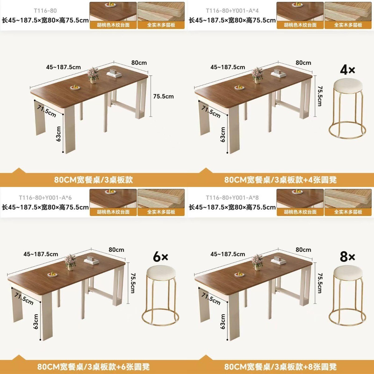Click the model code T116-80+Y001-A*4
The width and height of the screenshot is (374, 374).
pos(232,11)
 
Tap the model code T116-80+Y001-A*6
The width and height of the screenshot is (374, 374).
pos(45,198)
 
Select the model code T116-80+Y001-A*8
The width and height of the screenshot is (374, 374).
pos(232,198)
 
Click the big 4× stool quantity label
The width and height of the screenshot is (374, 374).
pos(348,70)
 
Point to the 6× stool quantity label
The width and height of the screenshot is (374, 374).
pos(160,257)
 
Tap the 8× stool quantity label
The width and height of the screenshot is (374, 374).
pos(348,257)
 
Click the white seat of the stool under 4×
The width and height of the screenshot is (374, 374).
pos(348,85)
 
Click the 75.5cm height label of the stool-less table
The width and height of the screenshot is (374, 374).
pos(163,96)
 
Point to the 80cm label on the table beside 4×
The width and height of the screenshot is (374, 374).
pos(303,63)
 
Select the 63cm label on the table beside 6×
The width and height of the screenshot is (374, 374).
pos(36,322)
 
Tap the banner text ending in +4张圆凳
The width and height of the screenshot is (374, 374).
pos(280,180)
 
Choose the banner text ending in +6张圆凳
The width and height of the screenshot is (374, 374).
pos(93,367)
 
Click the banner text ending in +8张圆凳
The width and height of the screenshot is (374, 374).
pos(280,367)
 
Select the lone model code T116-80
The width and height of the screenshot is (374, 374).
pos(46,11)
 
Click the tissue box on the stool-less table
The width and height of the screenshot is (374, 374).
pos(114,73)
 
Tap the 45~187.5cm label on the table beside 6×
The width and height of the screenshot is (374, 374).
pos(41,254)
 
